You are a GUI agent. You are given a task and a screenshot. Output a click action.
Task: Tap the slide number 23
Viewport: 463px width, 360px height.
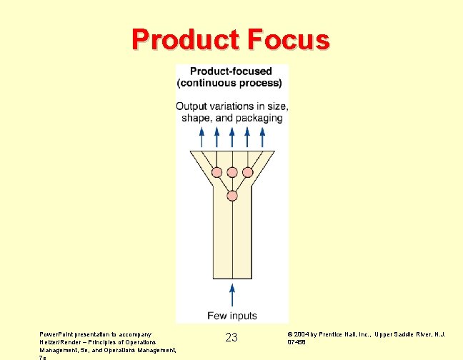[231, 337]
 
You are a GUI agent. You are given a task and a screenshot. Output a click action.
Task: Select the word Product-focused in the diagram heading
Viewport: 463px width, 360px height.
[230, 71]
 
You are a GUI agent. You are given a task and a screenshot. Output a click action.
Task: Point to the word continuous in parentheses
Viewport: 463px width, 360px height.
[212, 83]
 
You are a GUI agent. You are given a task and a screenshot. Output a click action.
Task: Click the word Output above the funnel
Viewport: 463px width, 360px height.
[194, 106]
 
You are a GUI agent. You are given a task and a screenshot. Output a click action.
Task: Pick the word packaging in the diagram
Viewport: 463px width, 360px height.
[259, 118]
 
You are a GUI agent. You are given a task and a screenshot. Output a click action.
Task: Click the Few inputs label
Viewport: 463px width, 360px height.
[231, 316]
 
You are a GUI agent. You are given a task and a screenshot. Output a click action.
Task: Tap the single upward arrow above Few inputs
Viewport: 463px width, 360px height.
[231, 294]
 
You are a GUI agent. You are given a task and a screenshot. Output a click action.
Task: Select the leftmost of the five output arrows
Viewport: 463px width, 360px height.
[201, 136]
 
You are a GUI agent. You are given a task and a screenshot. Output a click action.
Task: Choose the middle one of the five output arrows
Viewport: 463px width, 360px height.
[231, 136]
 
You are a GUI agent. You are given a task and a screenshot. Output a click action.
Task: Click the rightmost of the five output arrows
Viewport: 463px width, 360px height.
[262, 136]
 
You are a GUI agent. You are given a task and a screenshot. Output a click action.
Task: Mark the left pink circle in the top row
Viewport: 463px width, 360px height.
[216, 172]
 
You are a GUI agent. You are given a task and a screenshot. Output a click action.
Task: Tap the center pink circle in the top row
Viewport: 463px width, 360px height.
[232, 172]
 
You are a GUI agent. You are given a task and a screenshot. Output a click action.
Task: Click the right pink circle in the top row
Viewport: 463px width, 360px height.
[247, 172]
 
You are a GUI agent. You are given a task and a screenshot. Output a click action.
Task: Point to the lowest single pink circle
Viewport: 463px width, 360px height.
[232, 196]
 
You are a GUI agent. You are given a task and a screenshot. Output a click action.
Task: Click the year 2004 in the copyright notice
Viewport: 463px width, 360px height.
[302, 334]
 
